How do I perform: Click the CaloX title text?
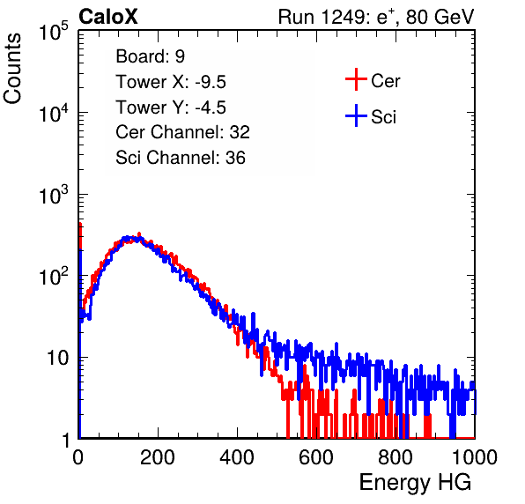pyautogui.click(x=108, y=17)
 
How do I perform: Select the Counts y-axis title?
pyautogui.click(x=12, y=68)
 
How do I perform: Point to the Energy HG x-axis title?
pyautogui.click(x=415, y=483)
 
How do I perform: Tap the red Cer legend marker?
pyautogui.click(x=356, y=79)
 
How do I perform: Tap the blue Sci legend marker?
pyautogui.click(x=356, y=116)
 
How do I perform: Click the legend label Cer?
pyautogui.click(x=385, y=81)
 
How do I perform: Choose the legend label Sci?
pyautogui.click(x=384, y=117)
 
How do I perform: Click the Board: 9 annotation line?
pyautogui.click(x=151, y=56)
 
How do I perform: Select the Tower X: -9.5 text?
pyautogui.click(x=171, y=82)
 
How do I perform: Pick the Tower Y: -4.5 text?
pyautogui.click(x=171, y=107)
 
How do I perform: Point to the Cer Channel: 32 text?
pyautogui.click(x=183, y=132)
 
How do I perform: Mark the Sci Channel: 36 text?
pyautogui.click(x=181, y=158)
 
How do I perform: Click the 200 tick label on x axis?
pyautogui.click(x=158, y=457)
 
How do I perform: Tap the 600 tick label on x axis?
pyautogui.click(x=316, y=457)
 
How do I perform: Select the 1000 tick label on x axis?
pyautogui.click(x=475, y=457)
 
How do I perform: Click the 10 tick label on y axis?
pyautogui.click(x=58, y=358)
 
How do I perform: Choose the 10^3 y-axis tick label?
pyautogui.click(x=54, y=195)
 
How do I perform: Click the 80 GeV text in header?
pyautogui.click(x=440, y=17)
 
